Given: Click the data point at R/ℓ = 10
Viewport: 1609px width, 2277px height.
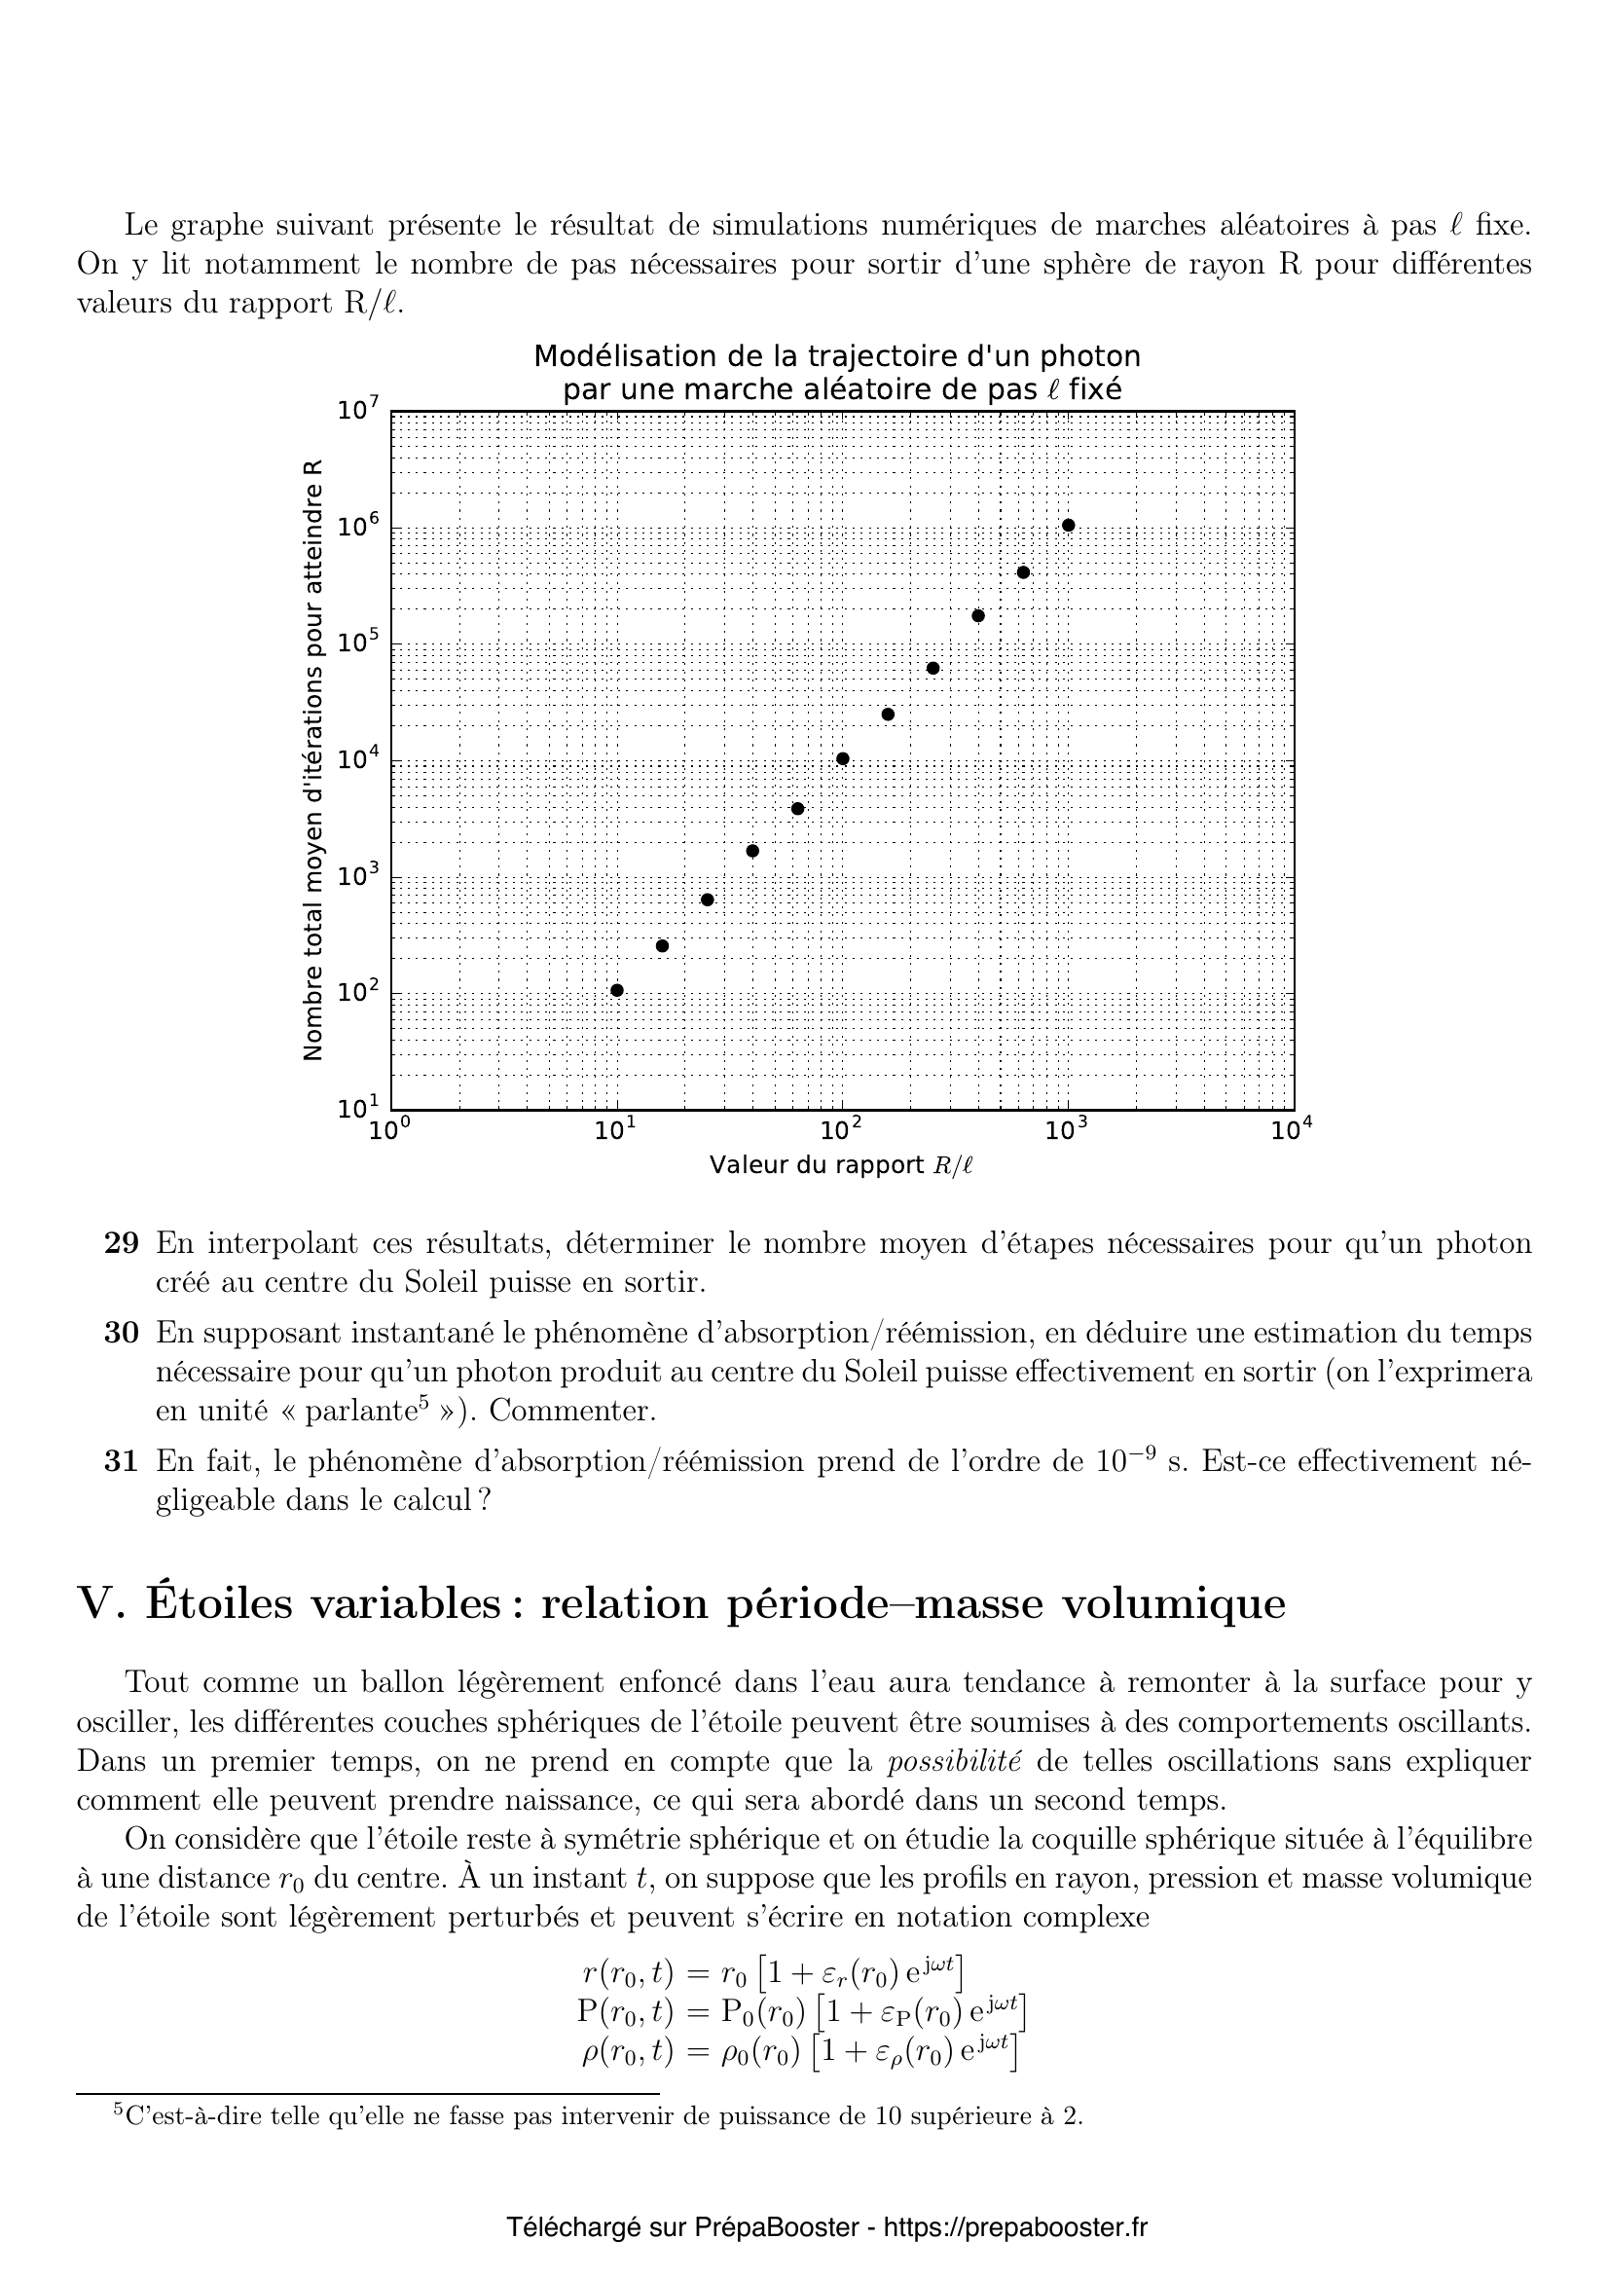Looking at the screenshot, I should point(616,990).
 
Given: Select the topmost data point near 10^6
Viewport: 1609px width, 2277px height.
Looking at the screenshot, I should point(1068,525).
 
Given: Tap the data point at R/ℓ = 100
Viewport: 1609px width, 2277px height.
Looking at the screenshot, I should point(843,758).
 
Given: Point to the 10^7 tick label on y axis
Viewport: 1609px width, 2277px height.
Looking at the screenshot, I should point(358,409).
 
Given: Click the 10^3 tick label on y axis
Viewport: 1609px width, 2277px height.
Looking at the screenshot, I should point(358,876).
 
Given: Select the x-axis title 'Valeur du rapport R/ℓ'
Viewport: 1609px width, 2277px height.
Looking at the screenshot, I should point(841,1166).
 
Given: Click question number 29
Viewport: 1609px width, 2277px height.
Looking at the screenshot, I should point(121,1243).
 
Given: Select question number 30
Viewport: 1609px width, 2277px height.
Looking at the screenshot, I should point(121,1333).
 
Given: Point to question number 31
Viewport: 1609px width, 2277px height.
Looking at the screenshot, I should point(121,1462).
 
